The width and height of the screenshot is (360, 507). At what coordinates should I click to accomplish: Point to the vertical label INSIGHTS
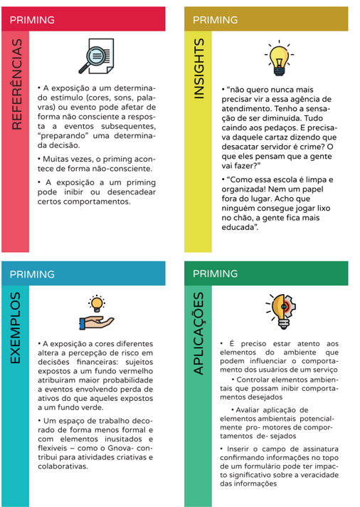201,69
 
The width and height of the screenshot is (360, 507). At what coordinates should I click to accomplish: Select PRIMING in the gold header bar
215,20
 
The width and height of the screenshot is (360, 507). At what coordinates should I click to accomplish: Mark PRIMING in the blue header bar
32,273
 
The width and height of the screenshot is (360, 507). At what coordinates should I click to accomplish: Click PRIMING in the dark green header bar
215,273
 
